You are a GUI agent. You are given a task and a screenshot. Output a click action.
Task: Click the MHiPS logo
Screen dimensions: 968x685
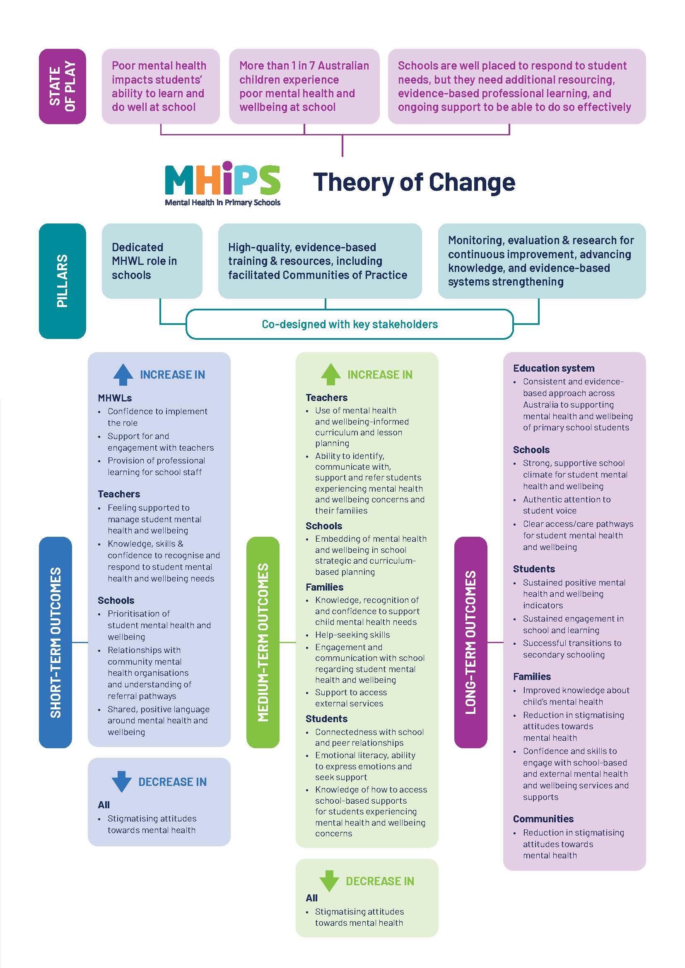[x=222, y=183]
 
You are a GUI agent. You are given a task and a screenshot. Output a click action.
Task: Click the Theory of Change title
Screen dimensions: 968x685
[x=414, y=182]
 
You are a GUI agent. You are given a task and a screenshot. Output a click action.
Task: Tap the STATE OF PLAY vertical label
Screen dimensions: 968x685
[x=63, y=86]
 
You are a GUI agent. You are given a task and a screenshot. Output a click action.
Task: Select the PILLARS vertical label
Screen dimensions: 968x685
[x=63, y=281]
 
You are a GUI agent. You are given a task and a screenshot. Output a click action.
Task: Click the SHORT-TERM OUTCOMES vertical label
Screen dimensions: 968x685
[x=55, y=643]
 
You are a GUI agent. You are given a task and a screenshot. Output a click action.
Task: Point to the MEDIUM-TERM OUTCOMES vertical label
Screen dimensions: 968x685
[x=263, y=643]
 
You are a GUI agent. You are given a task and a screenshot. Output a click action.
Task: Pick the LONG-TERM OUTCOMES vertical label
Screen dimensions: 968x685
[x=470, y=643]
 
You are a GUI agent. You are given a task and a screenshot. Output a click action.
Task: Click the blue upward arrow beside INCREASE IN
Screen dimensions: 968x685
[x=123, y=375]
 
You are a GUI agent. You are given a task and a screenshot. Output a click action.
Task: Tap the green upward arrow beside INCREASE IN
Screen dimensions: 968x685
[x=330, y=375]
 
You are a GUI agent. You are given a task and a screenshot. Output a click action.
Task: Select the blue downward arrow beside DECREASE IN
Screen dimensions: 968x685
[x=122, y=781]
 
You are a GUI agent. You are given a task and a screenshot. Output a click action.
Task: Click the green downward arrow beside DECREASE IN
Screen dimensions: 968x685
[x=329, y=881]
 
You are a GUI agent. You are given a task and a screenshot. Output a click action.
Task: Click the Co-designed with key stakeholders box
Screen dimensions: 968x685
[x=350, y=324]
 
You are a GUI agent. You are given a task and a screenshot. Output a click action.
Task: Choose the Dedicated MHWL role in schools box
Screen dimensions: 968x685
[x=152, y=261]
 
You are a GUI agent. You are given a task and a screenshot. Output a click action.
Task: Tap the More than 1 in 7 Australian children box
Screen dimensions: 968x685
[x=304, y=86]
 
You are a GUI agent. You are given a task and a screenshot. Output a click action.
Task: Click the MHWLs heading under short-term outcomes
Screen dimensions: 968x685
[x=115, y=398]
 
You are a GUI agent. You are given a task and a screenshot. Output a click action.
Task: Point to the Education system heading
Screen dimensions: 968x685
[x=553, y=368]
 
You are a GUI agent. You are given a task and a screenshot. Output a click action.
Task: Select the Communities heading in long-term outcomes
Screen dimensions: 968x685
[x=543, y=819]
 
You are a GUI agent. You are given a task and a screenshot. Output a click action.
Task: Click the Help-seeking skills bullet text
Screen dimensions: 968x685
[x=352, y=634]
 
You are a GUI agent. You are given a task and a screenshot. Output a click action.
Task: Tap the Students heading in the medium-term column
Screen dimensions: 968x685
[x=326, y=718]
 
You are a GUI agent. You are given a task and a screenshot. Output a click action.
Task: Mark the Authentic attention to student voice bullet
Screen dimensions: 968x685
[x=567, y=504]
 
